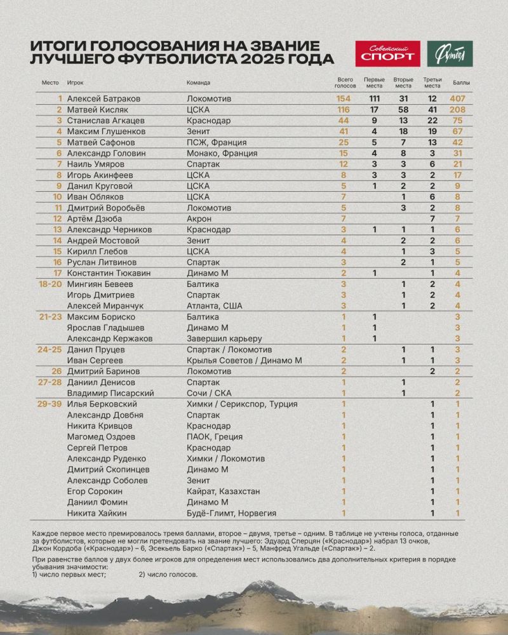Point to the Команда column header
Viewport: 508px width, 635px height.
click(199, 83)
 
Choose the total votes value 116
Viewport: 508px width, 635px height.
click(344, 110)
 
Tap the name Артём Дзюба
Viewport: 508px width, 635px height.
click(93, 218)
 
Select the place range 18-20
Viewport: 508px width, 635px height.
click(51, 284)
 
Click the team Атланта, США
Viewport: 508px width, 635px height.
click(214, 305)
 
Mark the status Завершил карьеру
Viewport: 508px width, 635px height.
click(225, 338)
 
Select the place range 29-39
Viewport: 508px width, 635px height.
click(51, 404)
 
